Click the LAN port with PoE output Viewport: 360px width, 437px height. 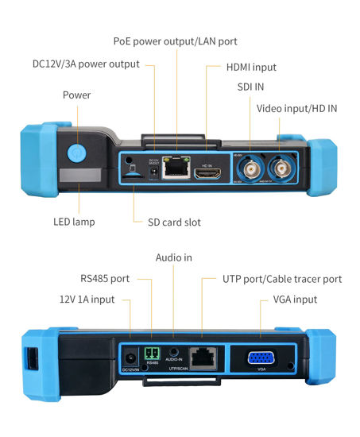pyautogui.click(x=174, y=170)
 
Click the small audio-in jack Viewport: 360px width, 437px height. pyautogui.click(x=174, y=352)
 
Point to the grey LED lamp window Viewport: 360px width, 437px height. pyautogui.click(x=80, y=176)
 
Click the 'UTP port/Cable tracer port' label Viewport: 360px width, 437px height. pyautogui.click(x=271, y=279)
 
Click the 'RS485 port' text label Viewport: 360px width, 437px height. pyautogui.click(x=105, y=279)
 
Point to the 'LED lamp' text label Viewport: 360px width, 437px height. pyautogui.click(x=73, y=222)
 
